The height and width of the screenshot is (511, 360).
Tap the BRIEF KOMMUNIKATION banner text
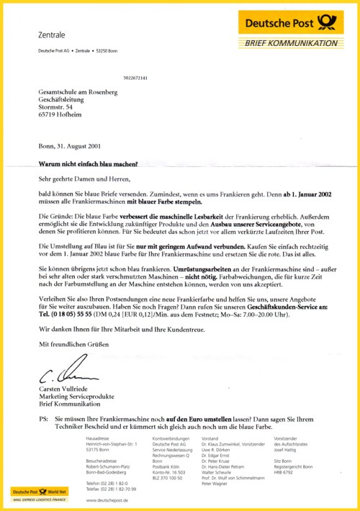291,43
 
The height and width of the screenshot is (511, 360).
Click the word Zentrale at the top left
50,35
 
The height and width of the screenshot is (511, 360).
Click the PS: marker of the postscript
44,418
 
